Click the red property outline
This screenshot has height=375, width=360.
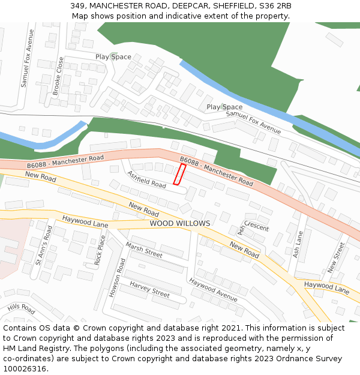(x=179, y=174)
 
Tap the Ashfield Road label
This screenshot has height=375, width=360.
(x=146, y=179)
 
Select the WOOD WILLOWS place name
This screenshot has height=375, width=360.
(x=180, y=223)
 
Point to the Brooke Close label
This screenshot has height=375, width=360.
(x=58, y=77)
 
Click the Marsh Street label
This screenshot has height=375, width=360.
(x=144, y=250)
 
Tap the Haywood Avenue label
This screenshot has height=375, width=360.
(x=213, y=289)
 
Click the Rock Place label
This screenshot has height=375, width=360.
(x=100, y=250)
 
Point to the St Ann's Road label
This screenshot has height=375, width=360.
(x=44, y=245)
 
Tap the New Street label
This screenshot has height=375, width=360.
(x=338, y=256)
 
